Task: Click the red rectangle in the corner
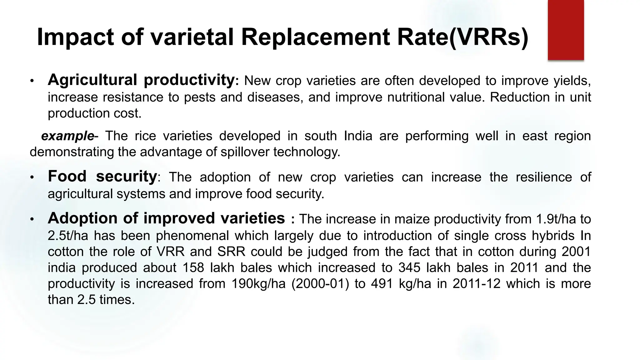[x=566, y=30]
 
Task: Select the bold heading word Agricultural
[x=92, y=80]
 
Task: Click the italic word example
[x=67, y=136]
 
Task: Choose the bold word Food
[x=67, y=176]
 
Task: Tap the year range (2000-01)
[x=320, y=284]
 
